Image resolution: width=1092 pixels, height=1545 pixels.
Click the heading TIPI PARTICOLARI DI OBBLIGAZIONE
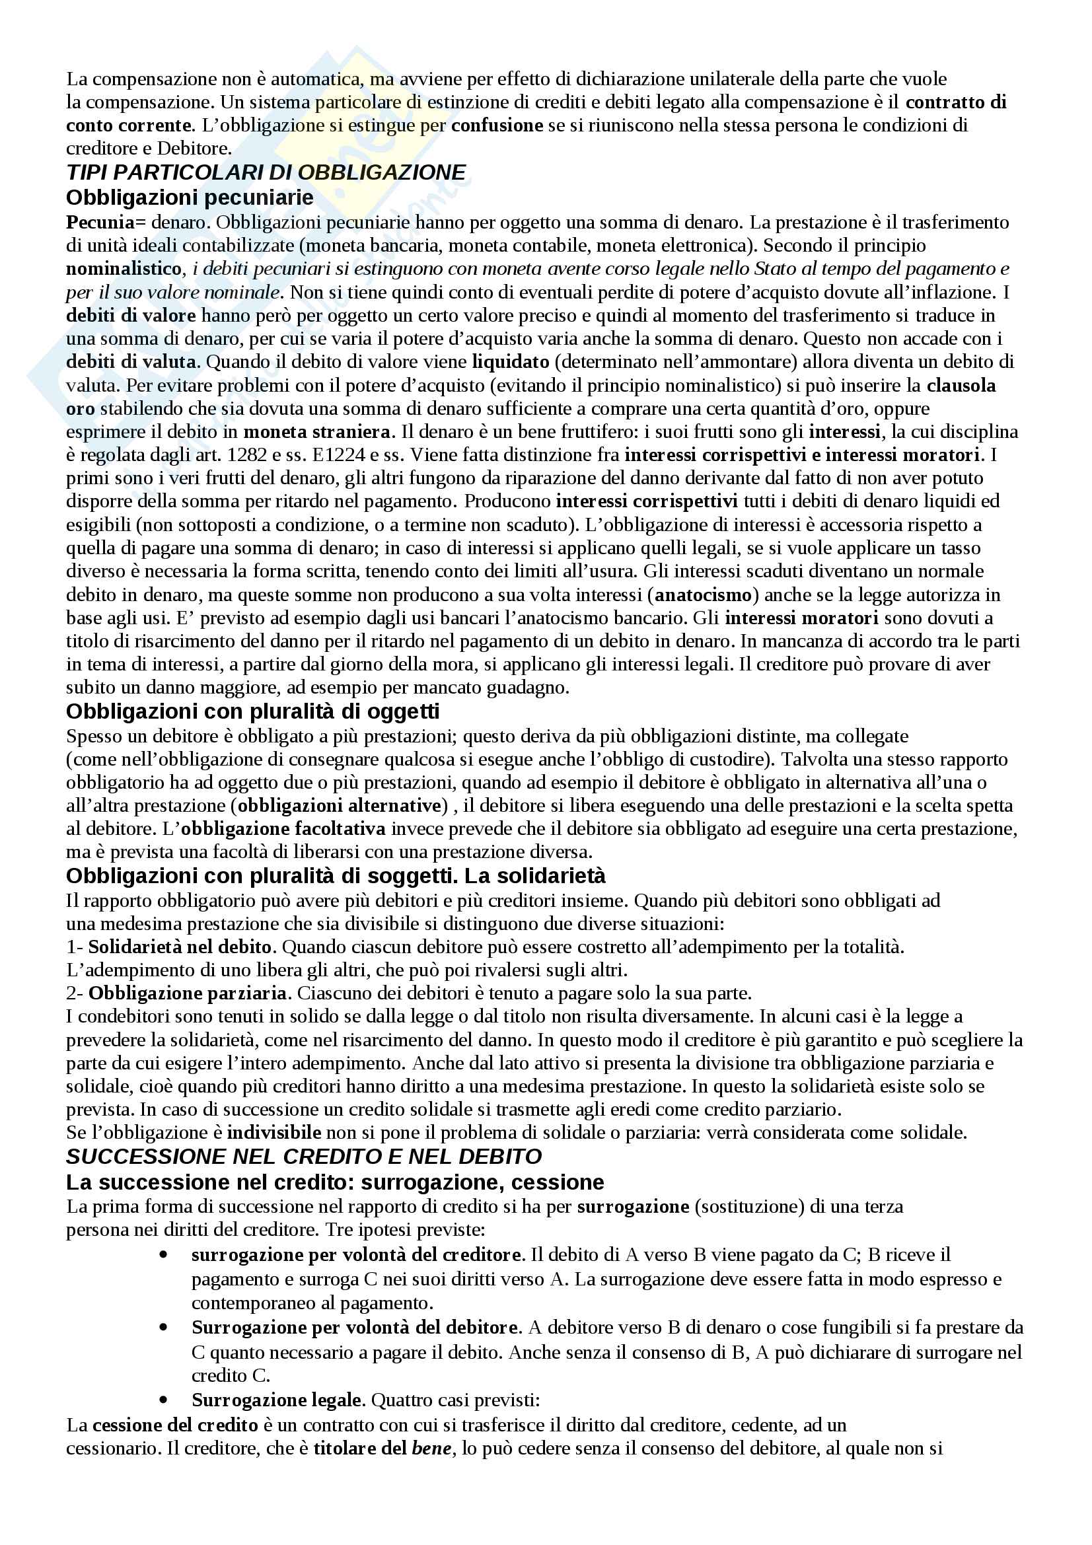[x=266, y=173]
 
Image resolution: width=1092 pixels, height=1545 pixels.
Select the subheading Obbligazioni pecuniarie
[x=190, y=198]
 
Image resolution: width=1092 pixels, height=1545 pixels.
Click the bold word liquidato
[x=511, y=362]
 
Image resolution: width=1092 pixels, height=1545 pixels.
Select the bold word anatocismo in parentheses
[x=702, y=595]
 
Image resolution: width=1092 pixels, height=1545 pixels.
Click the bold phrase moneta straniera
[x=317, y=431]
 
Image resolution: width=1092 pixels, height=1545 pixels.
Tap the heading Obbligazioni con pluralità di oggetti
[x=252, y=711]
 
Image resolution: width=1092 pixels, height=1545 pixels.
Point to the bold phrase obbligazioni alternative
[x=339, y=805]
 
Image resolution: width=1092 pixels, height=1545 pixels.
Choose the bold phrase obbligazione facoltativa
[x=283, y=829]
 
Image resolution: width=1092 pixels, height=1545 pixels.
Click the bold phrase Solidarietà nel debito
[x=180, y=947]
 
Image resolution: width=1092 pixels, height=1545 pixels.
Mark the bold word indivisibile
[x=273, y=1133]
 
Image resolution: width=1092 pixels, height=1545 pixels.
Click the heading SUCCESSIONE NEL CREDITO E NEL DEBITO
[x=303, y=1157]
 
